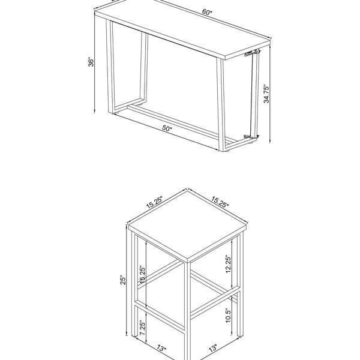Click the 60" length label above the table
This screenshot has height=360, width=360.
click(x=207, y=12)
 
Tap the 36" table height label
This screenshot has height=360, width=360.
click(x=91, y=62)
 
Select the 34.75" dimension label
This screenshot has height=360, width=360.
click(x=266, y=94)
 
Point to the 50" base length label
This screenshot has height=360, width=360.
click(x=167, y=128)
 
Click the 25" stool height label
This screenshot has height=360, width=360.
click(x=123, y=280)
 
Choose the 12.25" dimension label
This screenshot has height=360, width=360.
click(x=228, y=264)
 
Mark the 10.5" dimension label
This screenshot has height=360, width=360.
click(x=228, y=316)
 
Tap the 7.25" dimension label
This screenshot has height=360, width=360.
click(x=142, y=328)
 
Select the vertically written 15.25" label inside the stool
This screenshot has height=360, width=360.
click(x=142, y=275)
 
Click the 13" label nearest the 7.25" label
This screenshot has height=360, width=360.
click(x=161, y=348)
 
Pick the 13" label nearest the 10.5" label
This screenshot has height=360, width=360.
click(x=213, y=348)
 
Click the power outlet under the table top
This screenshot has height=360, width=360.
click(x=251, y=53)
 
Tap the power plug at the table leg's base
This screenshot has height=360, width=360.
click(x=251, y=136)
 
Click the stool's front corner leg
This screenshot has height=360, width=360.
click(x=188, y=310)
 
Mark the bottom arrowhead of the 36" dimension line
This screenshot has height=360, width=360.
click(x=94, y=112)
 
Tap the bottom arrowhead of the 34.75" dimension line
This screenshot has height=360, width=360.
click(x=270, y=142)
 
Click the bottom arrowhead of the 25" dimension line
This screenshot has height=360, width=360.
click(x=126, y=334)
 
